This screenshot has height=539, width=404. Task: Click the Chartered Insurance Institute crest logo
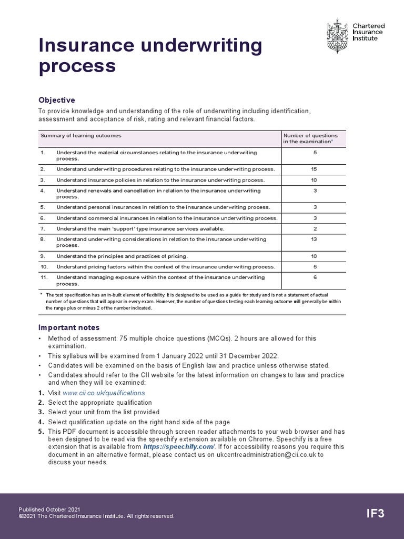pos(337,36)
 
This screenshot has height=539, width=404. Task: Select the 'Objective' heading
pos(57,100)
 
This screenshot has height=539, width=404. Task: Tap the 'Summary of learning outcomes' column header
pos(81,135)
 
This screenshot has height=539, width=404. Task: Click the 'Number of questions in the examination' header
pos(310,138)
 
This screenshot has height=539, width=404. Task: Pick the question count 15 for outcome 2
pos(314,169)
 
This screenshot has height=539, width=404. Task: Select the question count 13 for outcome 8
pos(314,239)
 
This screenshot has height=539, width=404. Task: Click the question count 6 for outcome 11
pos(315,277)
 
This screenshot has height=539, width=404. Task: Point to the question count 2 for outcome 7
pos(315,228)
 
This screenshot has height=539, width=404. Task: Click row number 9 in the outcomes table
pos(43,256)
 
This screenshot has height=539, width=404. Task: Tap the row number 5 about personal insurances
pos(43,207)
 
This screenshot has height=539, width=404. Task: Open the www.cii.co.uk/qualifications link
pos(104,393)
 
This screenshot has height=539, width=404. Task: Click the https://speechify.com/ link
pos(179,446)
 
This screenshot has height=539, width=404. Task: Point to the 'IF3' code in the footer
pos(375,514)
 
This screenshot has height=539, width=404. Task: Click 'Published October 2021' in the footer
pos(49,510)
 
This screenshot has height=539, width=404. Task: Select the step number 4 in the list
pos(41,422)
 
